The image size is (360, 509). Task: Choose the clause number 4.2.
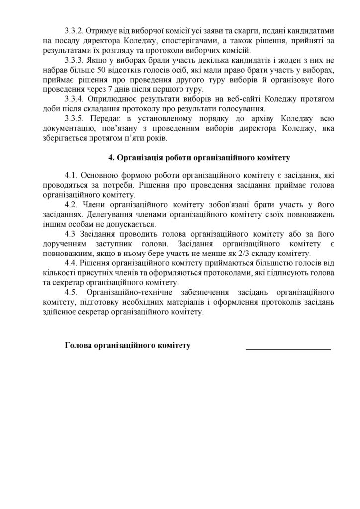(71, 205)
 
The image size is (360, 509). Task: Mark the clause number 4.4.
(71, 263)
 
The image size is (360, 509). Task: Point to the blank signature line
(288, 349)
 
